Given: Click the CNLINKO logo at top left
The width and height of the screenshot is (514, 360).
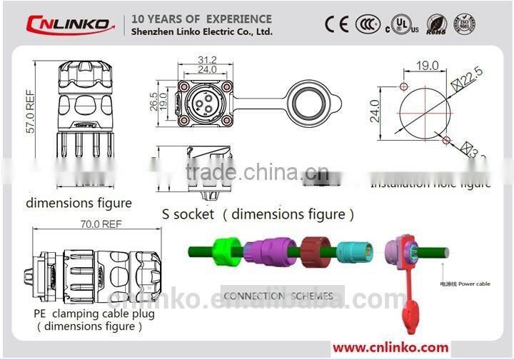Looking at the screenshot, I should (70, 24).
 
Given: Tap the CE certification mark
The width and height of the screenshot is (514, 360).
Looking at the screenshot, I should (336, 24).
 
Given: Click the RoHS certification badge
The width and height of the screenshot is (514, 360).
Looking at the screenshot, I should (437, 24).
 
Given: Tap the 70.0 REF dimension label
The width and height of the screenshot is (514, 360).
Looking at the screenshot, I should (101, 224).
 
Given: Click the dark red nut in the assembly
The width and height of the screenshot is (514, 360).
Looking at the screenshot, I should (313, 251).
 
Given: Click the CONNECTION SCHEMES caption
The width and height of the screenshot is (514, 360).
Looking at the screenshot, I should (278, 296).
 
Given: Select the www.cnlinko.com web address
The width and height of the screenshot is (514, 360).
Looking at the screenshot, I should (390, 348).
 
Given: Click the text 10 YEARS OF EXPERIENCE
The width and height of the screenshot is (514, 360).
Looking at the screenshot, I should (198, 19).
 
